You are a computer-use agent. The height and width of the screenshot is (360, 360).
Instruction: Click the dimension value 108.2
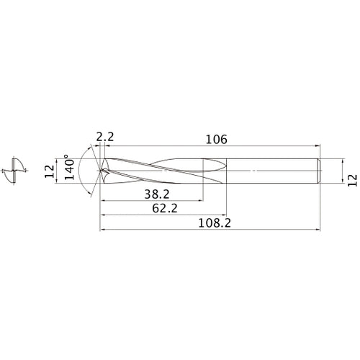pyautogui.click(x=214, y=224)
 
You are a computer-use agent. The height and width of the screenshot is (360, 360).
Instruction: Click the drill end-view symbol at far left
pyautogui.click(x=15, y=171)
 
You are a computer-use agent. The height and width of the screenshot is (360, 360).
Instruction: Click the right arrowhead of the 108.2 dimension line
pyautogui.click(x=317, y=230)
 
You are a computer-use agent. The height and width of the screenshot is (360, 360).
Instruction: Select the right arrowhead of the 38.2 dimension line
pyautogui.click(x=201, y=199)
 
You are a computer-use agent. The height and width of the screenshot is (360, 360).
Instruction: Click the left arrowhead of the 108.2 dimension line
pyautogui.click(x=102, y=230)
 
